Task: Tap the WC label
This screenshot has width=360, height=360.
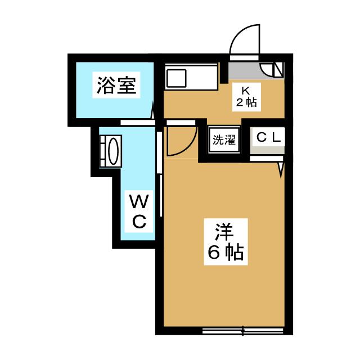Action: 139,211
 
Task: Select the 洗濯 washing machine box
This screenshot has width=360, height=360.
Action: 223,140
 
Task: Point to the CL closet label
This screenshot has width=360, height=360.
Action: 268,137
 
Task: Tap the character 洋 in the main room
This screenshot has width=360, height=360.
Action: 223,231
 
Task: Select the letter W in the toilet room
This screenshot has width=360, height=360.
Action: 139,201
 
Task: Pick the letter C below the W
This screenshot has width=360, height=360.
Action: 139,221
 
